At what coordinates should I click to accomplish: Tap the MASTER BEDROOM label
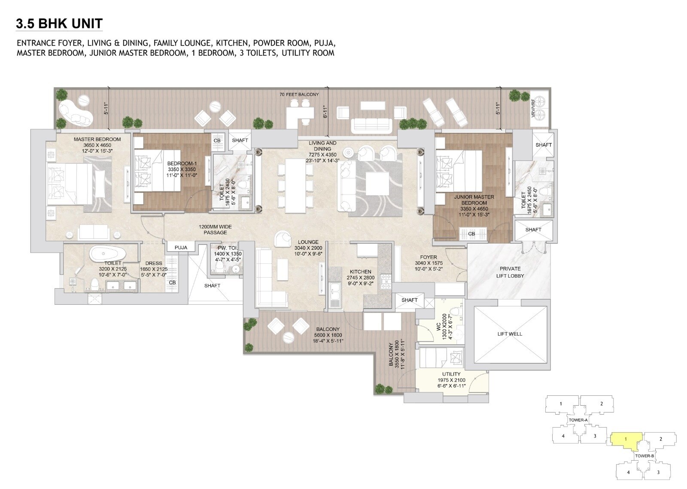tap(97, 139)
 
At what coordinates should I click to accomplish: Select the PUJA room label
tap(181, 248)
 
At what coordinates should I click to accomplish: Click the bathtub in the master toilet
tap(108, 253)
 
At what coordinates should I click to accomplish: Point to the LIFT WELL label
tap(510, 334)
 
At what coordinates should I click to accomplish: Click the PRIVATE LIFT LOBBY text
tap(510, 272)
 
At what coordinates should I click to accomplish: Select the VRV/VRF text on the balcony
tap(533, 108)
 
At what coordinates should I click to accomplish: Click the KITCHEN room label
tap(360, 272)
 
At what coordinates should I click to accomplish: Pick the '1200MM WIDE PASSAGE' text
tap(215, 229)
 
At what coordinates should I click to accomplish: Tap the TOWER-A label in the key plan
tap(578, 420)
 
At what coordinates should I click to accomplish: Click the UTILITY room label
tap(451, 374)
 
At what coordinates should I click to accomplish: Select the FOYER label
tap(429, 257)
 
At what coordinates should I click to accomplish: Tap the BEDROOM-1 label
tap(182, 164)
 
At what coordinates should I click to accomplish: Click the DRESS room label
tap(154, 263)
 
